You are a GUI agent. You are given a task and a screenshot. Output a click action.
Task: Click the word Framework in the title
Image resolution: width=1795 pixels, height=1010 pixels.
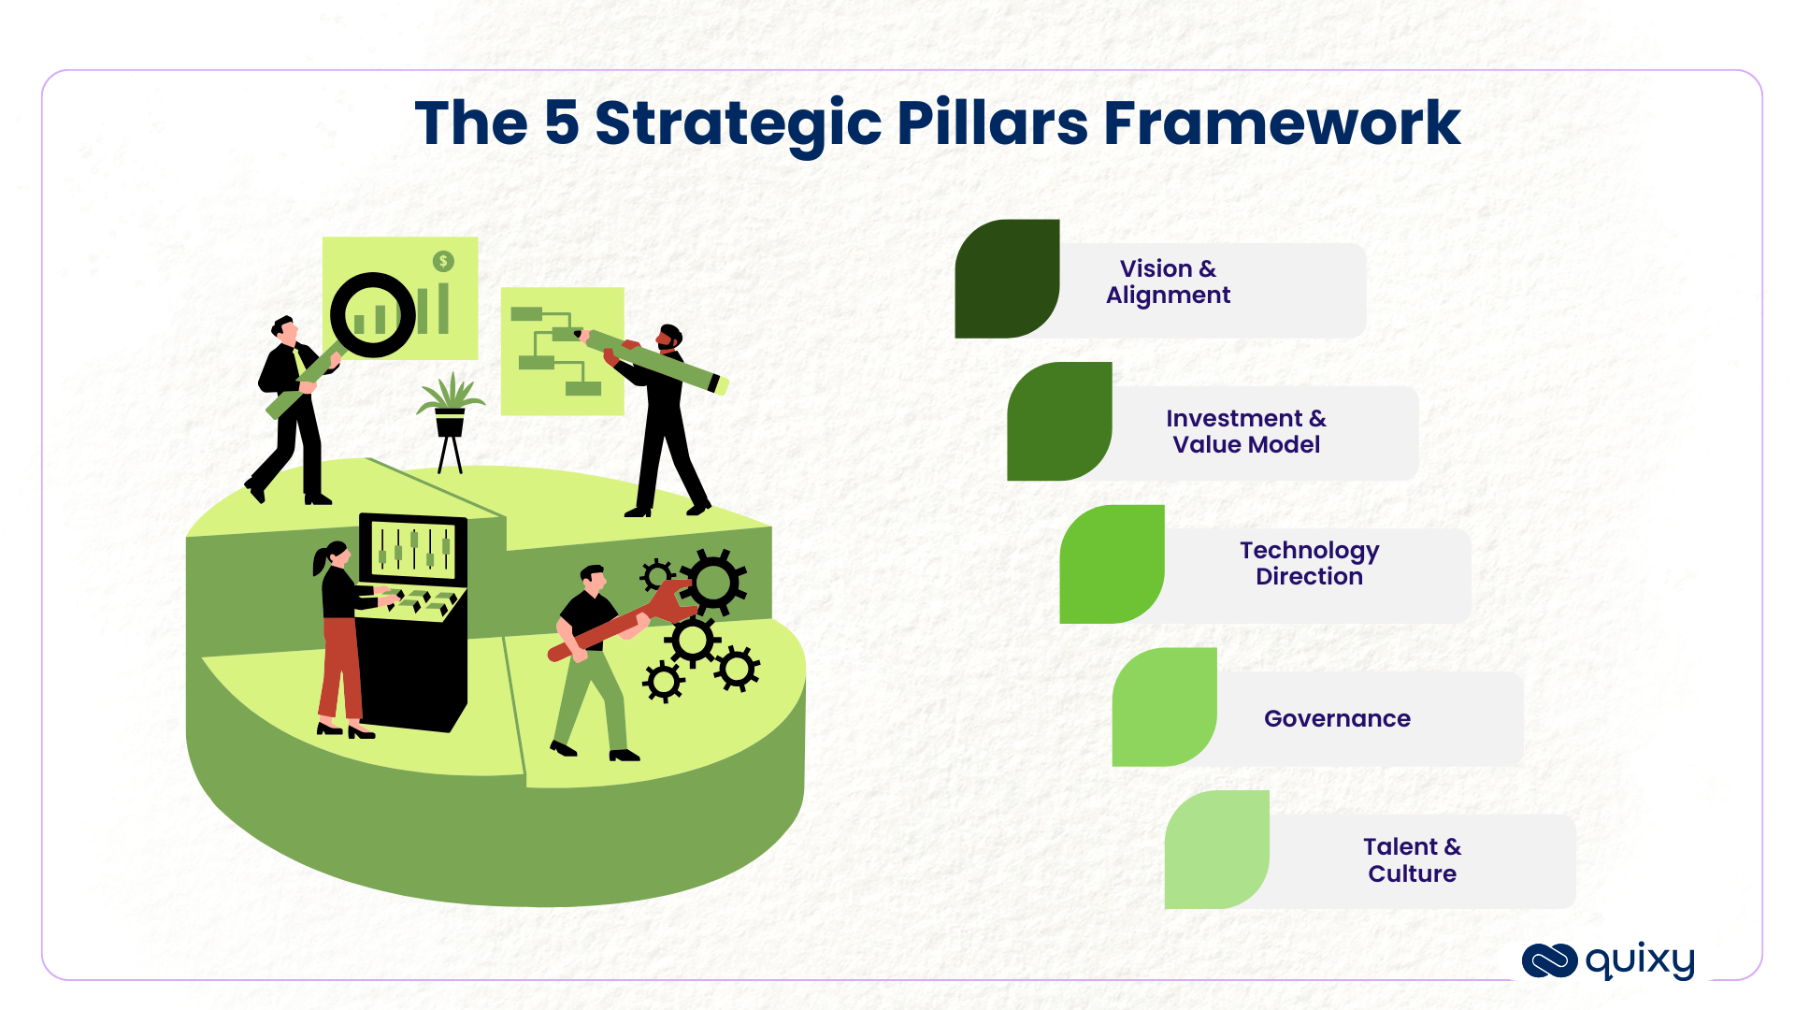click(1281, 123)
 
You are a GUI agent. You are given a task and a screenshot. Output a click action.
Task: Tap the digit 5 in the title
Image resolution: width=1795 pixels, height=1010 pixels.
click(561, 123)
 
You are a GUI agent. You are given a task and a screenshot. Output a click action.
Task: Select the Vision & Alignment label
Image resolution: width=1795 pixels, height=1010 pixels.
click(1168, 281)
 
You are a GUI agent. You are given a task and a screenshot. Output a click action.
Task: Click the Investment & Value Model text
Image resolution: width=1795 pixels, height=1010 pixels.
click(1245, 431)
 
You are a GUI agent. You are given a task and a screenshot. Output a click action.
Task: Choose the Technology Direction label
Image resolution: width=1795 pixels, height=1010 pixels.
click(1309, 563)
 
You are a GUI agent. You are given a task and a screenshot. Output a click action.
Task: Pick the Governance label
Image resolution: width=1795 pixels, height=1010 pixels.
click(1337, 718)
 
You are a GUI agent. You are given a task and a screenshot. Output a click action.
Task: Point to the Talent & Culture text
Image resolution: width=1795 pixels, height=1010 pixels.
click(1412, 859)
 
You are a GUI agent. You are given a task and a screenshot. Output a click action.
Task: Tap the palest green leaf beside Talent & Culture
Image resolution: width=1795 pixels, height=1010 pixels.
click(1216, 849)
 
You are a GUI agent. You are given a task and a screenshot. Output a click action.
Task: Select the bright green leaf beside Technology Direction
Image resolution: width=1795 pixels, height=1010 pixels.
click(1112, 564)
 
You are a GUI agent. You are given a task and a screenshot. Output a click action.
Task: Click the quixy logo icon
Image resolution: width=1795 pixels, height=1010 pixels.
click(1549, 960)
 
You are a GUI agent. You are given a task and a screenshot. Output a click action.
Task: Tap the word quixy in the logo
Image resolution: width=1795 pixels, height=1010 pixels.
click(1640, 960)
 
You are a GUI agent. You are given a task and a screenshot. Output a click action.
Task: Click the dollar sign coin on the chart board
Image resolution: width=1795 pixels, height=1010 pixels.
click(443, 261)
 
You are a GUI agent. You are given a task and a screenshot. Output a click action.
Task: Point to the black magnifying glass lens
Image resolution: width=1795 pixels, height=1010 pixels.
click(372, 315)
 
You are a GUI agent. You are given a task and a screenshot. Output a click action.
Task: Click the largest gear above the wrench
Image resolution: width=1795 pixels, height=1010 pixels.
click(713, 583)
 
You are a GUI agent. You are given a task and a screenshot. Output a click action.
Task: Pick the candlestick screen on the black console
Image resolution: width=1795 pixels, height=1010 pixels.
click(413, 549)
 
